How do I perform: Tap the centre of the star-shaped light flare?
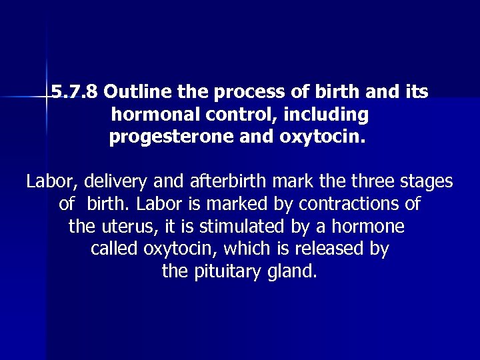coord(47,97)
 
